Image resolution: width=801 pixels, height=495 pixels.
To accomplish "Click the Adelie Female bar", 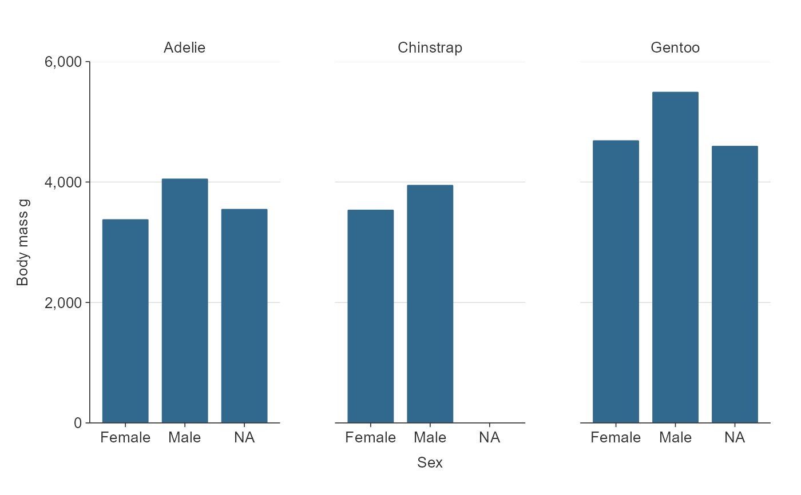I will tap(125, 321).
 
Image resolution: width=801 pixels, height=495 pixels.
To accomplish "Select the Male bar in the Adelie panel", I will tap(185, 301).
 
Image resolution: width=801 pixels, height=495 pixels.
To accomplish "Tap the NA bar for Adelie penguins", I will tap(244, 316).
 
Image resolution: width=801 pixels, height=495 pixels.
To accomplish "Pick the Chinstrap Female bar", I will tap(371, 316).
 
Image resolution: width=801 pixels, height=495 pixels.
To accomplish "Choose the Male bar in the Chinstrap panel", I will tap(430, 304).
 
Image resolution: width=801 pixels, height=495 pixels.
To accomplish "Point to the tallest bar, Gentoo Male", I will tap(675, 257).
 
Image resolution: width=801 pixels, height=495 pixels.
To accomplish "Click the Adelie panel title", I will tap(184, 47).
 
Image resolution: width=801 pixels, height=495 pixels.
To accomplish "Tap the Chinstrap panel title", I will tap(430, 47).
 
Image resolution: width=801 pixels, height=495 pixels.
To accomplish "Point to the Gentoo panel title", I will tap(675, 47).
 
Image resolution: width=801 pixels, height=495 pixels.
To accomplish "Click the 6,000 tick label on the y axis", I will tap(63, 62).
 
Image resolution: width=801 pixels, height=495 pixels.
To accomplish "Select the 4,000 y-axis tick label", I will tap(63, 182).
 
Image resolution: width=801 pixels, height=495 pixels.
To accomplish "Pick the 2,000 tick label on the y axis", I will tap(63, 302).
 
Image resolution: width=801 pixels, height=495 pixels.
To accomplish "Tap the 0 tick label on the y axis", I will tap(78, 423).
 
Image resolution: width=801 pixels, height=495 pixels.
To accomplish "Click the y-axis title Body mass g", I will tap(22, 242).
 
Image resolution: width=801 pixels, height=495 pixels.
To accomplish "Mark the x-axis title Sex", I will tap(430, 462).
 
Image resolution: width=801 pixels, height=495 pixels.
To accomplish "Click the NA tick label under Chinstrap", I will tap(490, 438).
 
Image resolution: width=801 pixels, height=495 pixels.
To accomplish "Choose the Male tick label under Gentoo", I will tap(675, 438).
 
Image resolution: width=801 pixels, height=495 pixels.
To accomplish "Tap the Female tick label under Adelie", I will tap(125, 438).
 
